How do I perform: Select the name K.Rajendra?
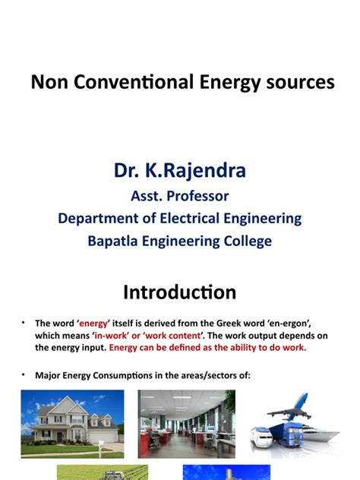(195, 170)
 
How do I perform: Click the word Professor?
(197, 196)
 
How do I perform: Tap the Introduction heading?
(180, 292)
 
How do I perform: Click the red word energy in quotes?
(93, 324)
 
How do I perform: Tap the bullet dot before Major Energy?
(24, 374)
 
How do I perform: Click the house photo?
(73, 424)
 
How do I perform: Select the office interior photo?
(186, 424)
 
